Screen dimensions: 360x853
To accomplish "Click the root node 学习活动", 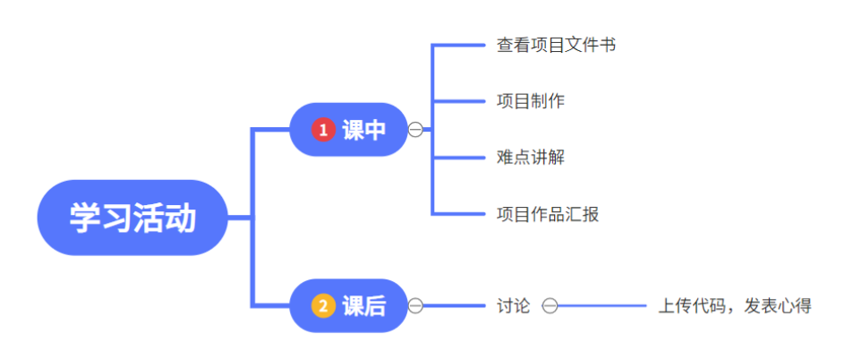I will [x=132, y=218].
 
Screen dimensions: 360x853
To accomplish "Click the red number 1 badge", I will [x=323, y=130].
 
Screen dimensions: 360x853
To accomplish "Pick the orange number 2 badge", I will [x=323, y=306].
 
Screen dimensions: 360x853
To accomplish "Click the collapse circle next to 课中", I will [x=416, y=130].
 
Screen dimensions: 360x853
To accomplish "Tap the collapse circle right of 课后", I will [x=416, y=306].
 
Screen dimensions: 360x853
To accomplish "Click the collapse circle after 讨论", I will [x=550, y=306].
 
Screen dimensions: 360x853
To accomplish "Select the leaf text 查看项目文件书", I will [x=556, y=45].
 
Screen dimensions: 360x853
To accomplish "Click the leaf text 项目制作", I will [x=531, y=100].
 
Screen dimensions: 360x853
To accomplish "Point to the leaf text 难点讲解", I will [x=531, y=158].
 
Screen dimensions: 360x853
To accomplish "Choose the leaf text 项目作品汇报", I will [x=548, y=214].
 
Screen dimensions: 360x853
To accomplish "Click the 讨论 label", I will [x=514, y=306].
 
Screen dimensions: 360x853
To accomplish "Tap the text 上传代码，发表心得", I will [x=735, y=306].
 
